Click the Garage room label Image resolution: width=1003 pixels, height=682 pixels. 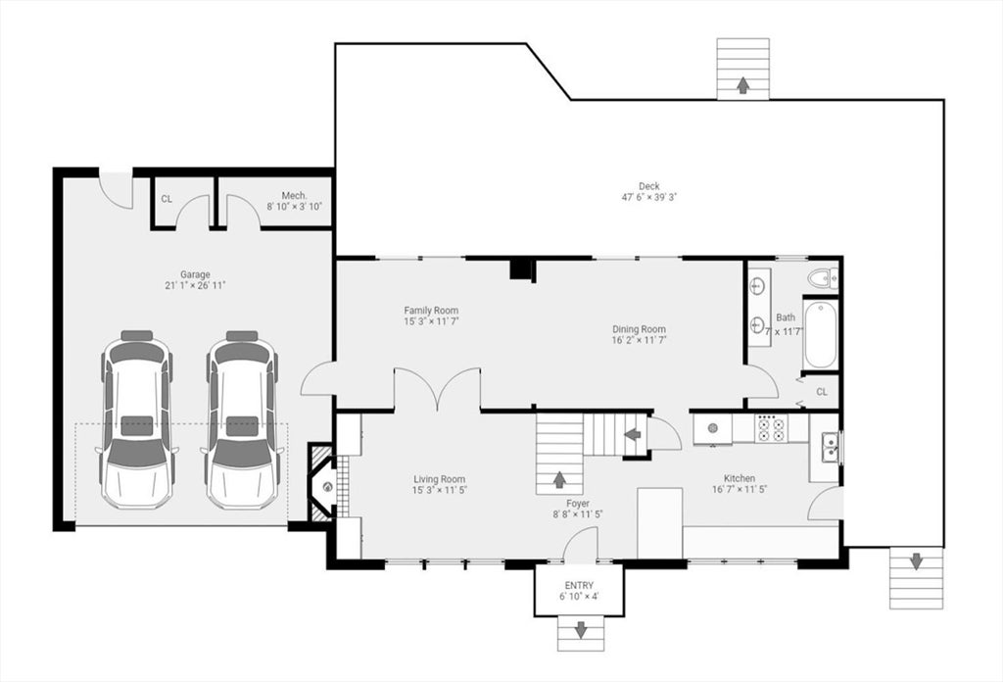click(195, 274)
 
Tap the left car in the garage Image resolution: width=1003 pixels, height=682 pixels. click(137, 419)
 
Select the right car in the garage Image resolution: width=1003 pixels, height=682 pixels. click(242, 419)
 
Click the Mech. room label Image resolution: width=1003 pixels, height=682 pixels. click(294, 195)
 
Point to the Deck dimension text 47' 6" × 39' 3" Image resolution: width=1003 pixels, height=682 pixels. click(648, 197)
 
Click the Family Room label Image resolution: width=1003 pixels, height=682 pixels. click(431, 311)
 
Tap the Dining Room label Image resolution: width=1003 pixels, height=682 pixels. click(640, 329)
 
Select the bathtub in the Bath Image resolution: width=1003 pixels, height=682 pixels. click(821, 334)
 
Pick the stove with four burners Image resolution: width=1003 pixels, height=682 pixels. click(771, 428)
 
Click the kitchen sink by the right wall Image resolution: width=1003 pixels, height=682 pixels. click(830, 446)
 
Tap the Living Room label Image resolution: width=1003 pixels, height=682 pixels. click(439, 479)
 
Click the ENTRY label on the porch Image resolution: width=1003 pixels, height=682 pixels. click(579, 585)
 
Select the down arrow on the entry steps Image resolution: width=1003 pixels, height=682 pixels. click(581, 629)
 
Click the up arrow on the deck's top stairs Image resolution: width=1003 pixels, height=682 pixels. click(742, 85)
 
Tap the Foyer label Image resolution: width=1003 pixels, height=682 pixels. click(578, 504)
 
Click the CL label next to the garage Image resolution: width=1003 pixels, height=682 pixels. click(167, 199)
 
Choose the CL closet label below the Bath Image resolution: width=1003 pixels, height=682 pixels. click(822, 392)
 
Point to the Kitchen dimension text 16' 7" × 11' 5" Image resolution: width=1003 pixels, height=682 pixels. click(740, 489)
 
